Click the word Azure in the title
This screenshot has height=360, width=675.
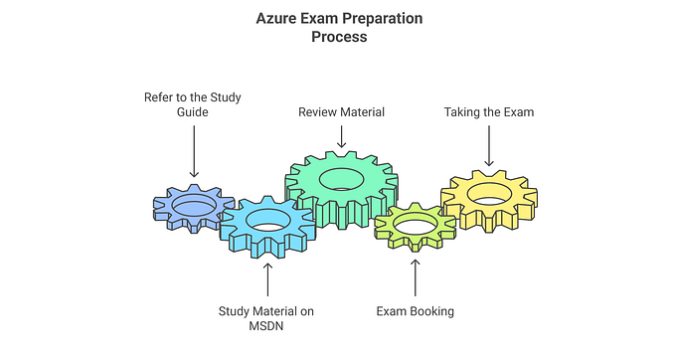276,18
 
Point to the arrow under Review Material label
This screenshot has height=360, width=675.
341,136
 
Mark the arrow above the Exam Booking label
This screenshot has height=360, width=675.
415,278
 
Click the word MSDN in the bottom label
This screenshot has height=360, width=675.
266,327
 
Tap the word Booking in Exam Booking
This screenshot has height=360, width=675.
432,311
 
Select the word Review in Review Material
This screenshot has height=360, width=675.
319,112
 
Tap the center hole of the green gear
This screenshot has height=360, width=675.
341,178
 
